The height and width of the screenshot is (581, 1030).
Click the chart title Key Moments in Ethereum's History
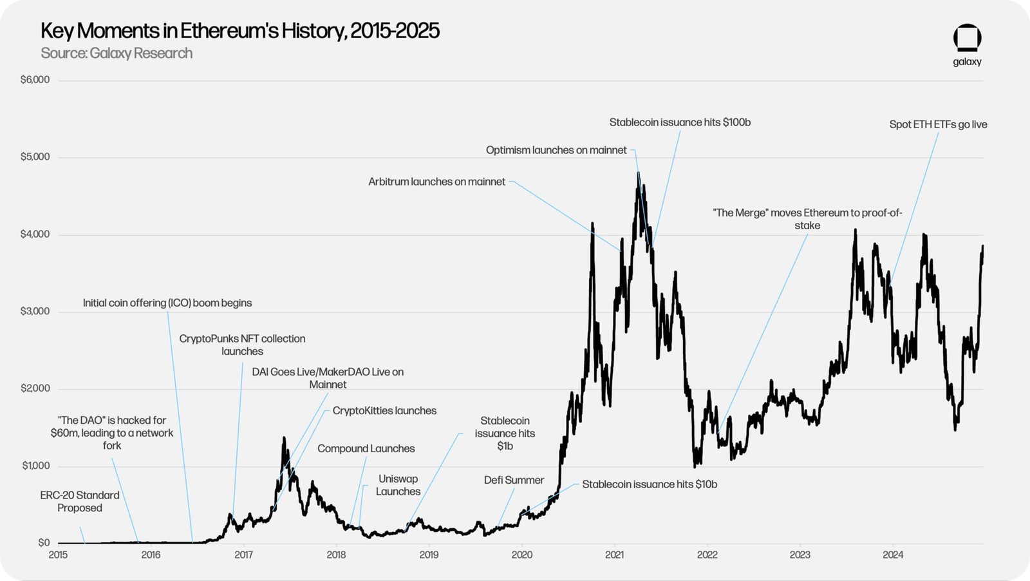click(x=239, y=31)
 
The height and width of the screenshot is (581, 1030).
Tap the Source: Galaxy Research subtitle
click(x=117, y=53)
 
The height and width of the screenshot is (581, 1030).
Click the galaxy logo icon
click(x=967, y=38)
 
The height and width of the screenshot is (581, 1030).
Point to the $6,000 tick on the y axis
click(x=35, y=80)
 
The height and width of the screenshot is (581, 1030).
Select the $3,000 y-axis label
click(x=35, y=311)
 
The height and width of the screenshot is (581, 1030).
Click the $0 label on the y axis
click(x=43, y=542)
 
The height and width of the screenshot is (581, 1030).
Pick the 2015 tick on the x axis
click(x=58, y=555)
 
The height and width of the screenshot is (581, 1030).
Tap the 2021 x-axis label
click(x=614, y=555)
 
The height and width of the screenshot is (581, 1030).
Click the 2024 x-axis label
click(x=892, y=555)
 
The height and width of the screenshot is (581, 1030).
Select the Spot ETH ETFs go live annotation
click(x=938, y=124)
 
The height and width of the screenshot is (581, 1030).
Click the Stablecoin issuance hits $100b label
click(x=680, y=122)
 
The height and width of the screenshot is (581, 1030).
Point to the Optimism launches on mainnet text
click(x=556, y=150)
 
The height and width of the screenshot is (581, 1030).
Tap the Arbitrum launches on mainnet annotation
click(x=436, y=182)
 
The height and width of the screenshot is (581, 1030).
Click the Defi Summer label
click(x=514, y=480)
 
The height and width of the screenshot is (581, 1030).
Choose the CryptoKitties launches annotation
click(x=384, y=410)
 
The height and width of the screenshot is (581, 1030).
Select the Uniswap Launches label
click(x=398, y=485)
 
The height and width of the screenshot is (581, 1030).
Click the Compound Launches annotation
click(x=366, y=448)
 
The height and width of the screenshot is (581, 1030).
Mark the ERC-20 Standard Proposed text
click(x=80, y=501)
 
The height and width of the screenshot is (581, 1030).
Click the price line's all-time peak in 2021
click(x=638, y=173)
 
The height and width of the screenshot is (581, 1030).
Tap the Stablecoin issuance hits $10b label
click(x=649, y=484)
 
